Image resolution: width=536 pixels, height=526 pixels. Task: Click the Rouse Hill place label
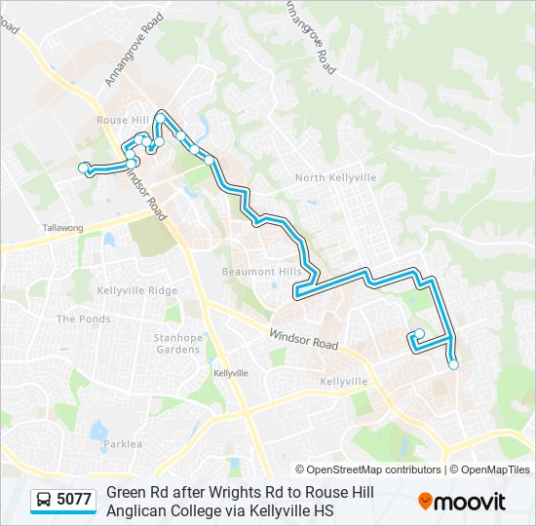click(x=122, y=120)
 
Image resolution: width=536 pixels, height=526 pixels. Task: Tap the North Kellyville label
click(x=334, y=177)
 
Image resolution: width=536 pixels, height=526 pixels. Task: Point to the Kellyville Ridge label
click(x=137, y=291)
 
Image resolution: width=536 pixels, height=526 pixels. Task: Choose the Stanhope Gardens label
click(x=177, y=343)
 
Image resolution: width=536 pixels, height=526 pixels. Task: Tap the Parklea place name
click(x=123, y=444)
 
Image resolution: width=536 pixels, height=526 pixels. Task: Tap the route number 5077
click(x=74, y=500)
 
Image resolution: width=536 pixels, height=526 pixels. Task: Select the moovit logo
click(x=462, y=502)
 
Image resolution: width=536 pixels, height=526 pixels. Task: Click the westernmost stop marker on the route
click(x=84, y=168)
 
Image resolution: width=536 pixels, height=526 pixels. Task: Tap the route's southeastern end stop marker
click(x=453, y=364)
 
